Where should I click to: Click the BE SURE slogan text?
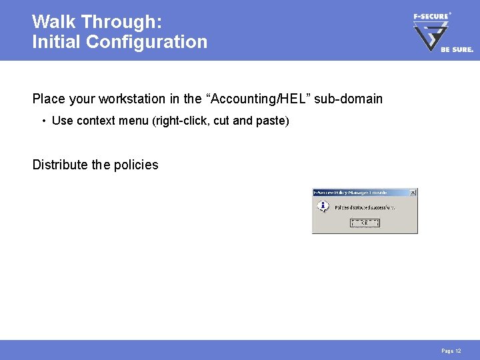click(457, 49)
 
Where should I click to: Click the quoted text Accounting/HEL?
click(251, 99)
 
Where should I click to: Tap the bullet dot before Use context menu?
click(43, 121)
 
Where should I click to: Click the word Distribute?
click(61, 165)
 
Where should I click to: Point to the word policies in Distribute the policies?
click(136, 165)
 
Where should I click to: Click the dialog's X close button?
click(413, 193)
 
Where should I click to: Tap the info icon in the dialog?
click(323, 207)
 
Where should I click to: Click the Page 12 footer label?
click(451, 351)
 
